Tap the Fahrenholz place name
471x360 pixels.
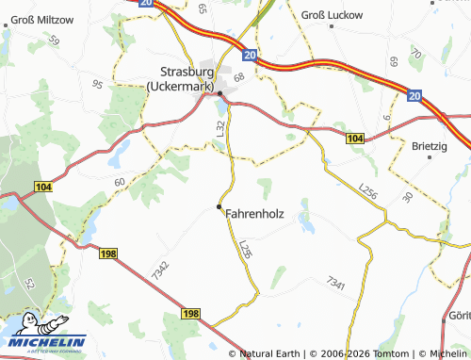point(254,214)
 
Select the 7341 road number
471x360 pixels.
point(335,282)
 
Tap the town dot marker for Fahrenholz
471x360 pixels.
point(219,205)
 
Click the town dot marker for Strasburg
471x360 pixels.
point(220,94)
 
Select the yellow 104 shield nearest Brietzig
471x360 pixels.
point(353,139)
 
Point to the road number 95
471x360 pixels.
point(98,84)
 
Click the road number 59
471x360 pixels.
point(53,41)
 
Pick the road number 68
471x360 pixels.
point(239,76)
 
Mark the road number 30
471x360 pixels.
point(407,197)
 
